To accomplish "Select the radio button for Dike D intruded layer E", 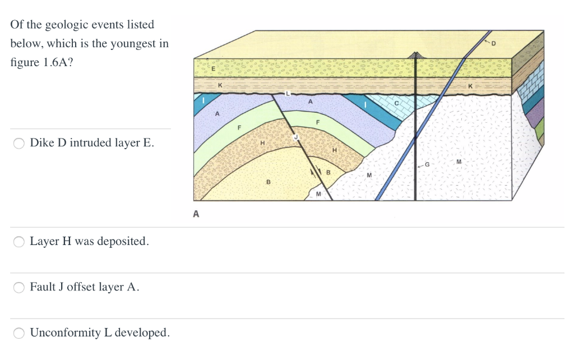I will click(19, 144).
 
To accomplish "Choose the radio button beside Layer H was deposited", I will click(19, 242).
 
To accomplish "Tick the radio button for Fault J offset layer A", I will click(19, 288).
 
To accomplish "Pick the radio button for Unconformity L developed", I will click(19, 333).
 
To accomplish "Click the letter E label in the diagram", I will click(213, 68).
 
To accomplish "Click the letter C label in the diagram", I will click(396, 103).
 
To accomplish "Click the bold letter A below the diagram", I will click(196, 213).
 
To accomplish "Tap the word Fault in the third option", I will click(42, 287).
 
